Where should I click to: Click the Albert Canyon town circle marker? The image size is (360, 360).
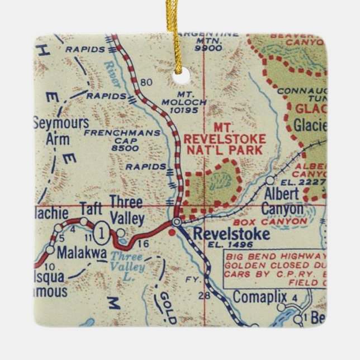pyautogui.click(x=270, y=181)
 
